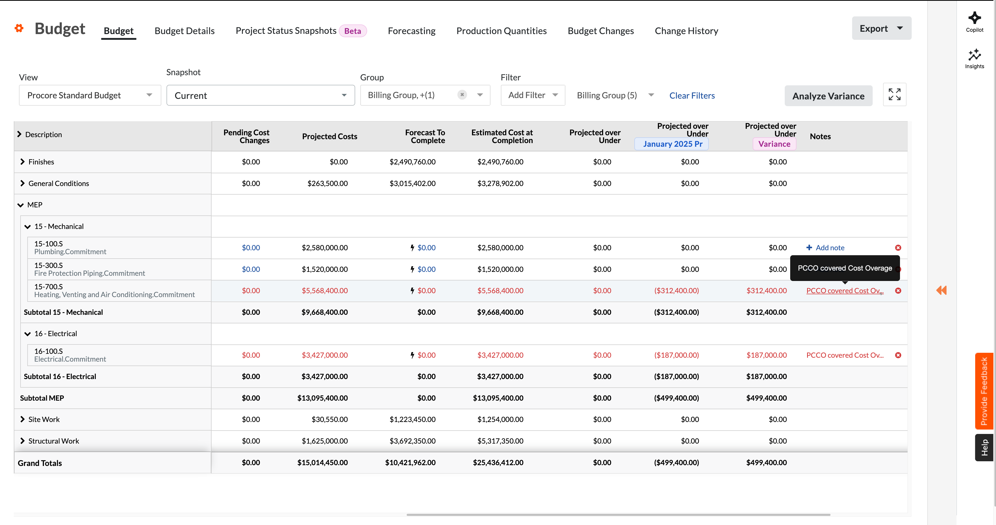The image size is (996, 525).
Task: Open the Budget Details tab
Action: (184, 31)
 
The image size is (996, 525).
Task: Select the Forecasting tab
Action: (411, 31)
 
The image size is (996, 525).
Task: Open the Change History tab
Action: (686, 31)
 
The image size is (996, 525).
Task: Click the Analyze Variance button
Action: (828, 96)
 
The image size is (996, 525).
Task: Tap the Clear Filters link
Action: (692, 95)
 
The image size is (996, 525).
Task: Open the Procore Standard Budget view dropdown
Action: (90, 95)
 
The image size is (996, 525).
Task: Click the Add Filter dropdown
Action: (532, 95)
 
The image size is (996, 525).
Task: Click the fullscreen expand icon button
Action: (894, 94)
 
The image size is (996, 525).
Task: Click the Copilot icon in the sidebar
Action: (974, 22)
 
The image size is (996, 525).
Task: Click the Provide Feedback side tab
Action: (984, 390)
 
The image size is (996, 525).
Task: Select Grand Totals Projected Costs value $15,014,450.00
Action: (322, 463)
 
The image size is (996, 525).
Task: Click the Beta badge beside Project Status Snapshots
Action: (353, 31)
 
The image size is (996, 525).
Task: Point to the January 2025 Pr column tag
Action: (672, 144)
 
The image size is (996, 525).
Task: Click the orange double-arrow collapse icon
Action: (941, 290)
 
